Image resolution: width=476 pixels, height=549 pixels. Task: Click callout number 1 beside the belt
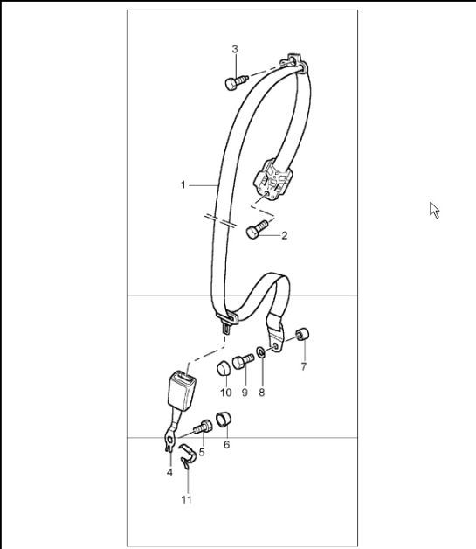(183, 184)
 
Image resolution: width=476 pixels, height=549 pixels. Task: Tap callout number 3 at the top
(235, 49)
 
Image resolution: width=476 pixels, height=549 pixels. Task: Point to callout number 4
(169, 472)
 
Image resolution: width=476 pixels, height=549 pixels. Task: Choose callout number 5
(202, 452)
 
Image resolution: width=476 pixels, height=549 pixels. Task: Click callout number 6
(227, 444)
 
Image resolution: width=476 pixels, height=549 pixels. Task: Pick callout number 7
(304, 366)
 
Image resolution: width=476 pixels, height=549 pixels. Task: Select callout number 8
(261, 393)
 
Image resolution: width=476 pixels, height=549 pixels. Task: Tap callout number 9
(245, 393)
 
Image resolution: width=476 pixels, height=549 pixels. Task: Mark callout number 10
(225, 393)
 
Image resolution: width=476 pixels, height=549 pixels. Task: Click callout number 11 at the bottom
(186, 500)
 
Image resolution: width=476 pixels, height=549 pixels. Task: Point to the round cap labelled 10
(224, 365)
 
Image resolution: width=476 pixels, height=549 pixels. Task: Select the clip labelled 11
(186, 454)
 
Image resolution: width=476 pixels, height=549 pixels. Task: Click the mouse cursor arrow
(433, 209)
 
